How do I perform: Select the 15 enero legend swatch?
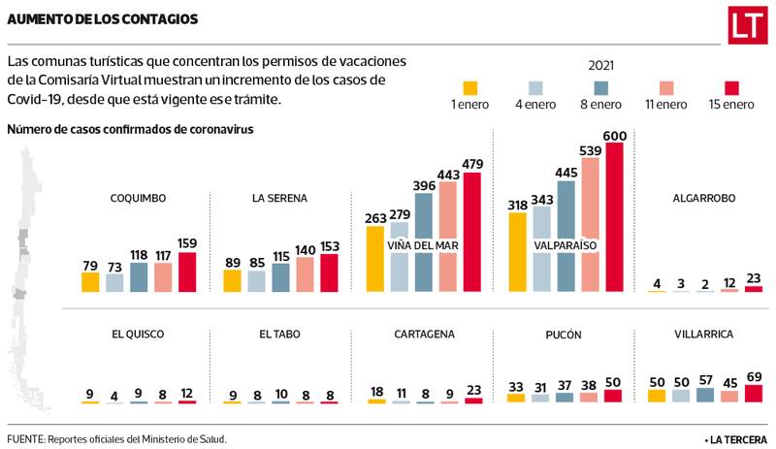point(730,85)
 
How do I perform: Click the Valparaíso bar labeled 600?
point(616,213)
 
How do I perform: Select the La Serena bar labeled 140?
point(306,274)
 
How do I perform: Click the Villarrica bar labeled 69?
point(753,393)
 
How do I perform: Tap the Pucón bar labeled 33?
point(515,397)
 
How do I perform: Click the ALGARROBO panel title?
point(703,198)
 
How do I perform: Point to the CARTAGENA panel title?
point(424,334)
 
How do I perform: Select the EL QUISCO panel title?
point(138,334)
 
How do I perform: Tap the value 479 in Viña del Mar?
point(472,164)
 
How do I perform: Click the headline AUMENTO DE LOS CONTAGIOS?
point(103,19)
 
